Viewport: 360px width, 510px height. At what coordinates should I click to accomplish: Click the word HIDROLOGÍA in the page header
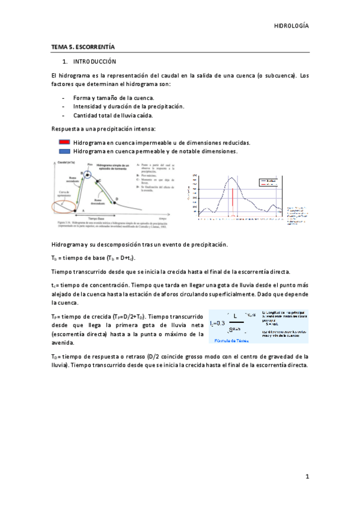click(x=291, y=26)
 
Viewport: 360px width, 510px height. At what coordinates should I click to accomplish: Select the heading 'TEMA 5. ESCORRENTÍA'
click(x=83, y=46)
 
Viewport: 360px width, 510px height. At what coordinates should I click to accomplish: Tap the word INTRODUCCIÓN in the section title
click(x=95, y=62)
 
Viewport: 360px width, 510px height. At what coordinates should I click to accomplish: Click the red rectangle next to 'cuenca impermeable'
click(x=65, y=143)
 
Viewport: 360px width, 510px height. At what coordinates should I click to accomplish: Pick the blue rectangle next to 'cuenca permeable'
click(x=65, y=152)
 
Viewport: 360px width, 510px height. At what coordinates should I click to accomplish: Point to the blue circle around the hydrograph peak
click(x=88, y=175)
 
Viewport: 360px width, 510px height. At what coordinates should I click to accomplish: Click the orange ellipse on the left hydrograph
click(x=63, y=206)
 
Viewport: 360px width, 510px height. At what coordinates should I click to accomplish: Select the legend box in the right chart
click(x=268, y=182)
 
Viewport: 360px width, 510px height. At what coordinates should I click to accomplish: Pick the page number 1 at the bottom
click(x=307, y=476)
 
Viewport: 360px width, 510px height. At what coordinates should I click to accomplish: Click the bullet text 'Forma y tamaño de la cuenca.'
click(x=113, y=97)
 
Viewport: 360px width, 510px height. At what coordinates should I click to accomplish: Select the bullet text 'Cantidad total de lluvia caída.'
click(x=112, y=115)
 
